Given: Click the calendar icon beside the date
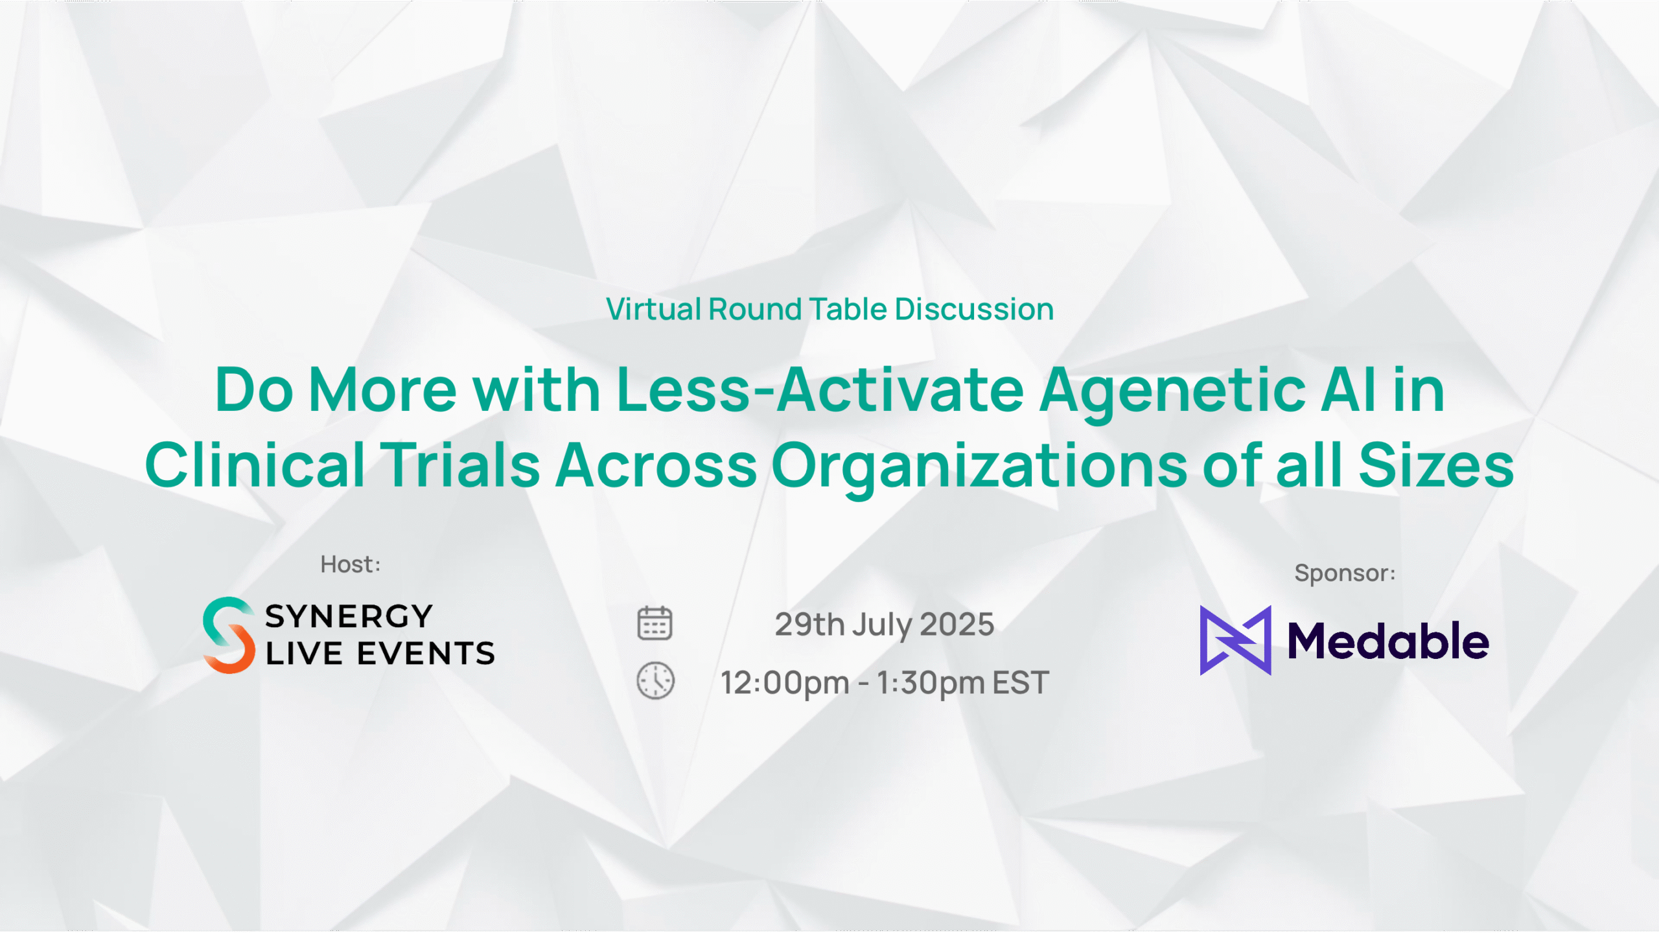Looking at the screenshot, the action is point(655,623).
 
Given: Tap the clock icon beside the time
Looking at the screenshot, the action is point(655,681).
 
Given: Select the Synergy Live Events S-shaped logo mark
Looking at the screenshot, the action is point(229,635).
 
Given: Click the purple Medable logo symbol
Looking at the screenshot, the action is point(1235,640).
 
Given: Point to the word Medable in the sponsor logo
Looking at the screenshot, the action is point(1388,641).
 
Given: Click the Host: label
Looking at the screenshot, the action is point(351,564).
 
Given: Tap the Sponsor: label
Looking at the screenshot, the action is point(1345,573).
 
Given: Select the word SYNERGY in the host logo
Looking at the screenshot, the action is point(349,616).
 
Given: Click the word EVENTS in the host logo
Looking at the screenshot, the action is point(426,653).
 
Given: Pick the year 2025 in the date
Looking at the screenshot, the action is point(957,625).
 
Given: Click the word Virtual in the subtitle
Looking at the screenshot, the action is point(653,309).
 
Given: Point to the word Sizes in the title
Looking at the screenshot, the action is point(1436,464).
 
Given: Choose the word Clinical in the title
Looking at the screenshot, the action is point(255,464).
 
